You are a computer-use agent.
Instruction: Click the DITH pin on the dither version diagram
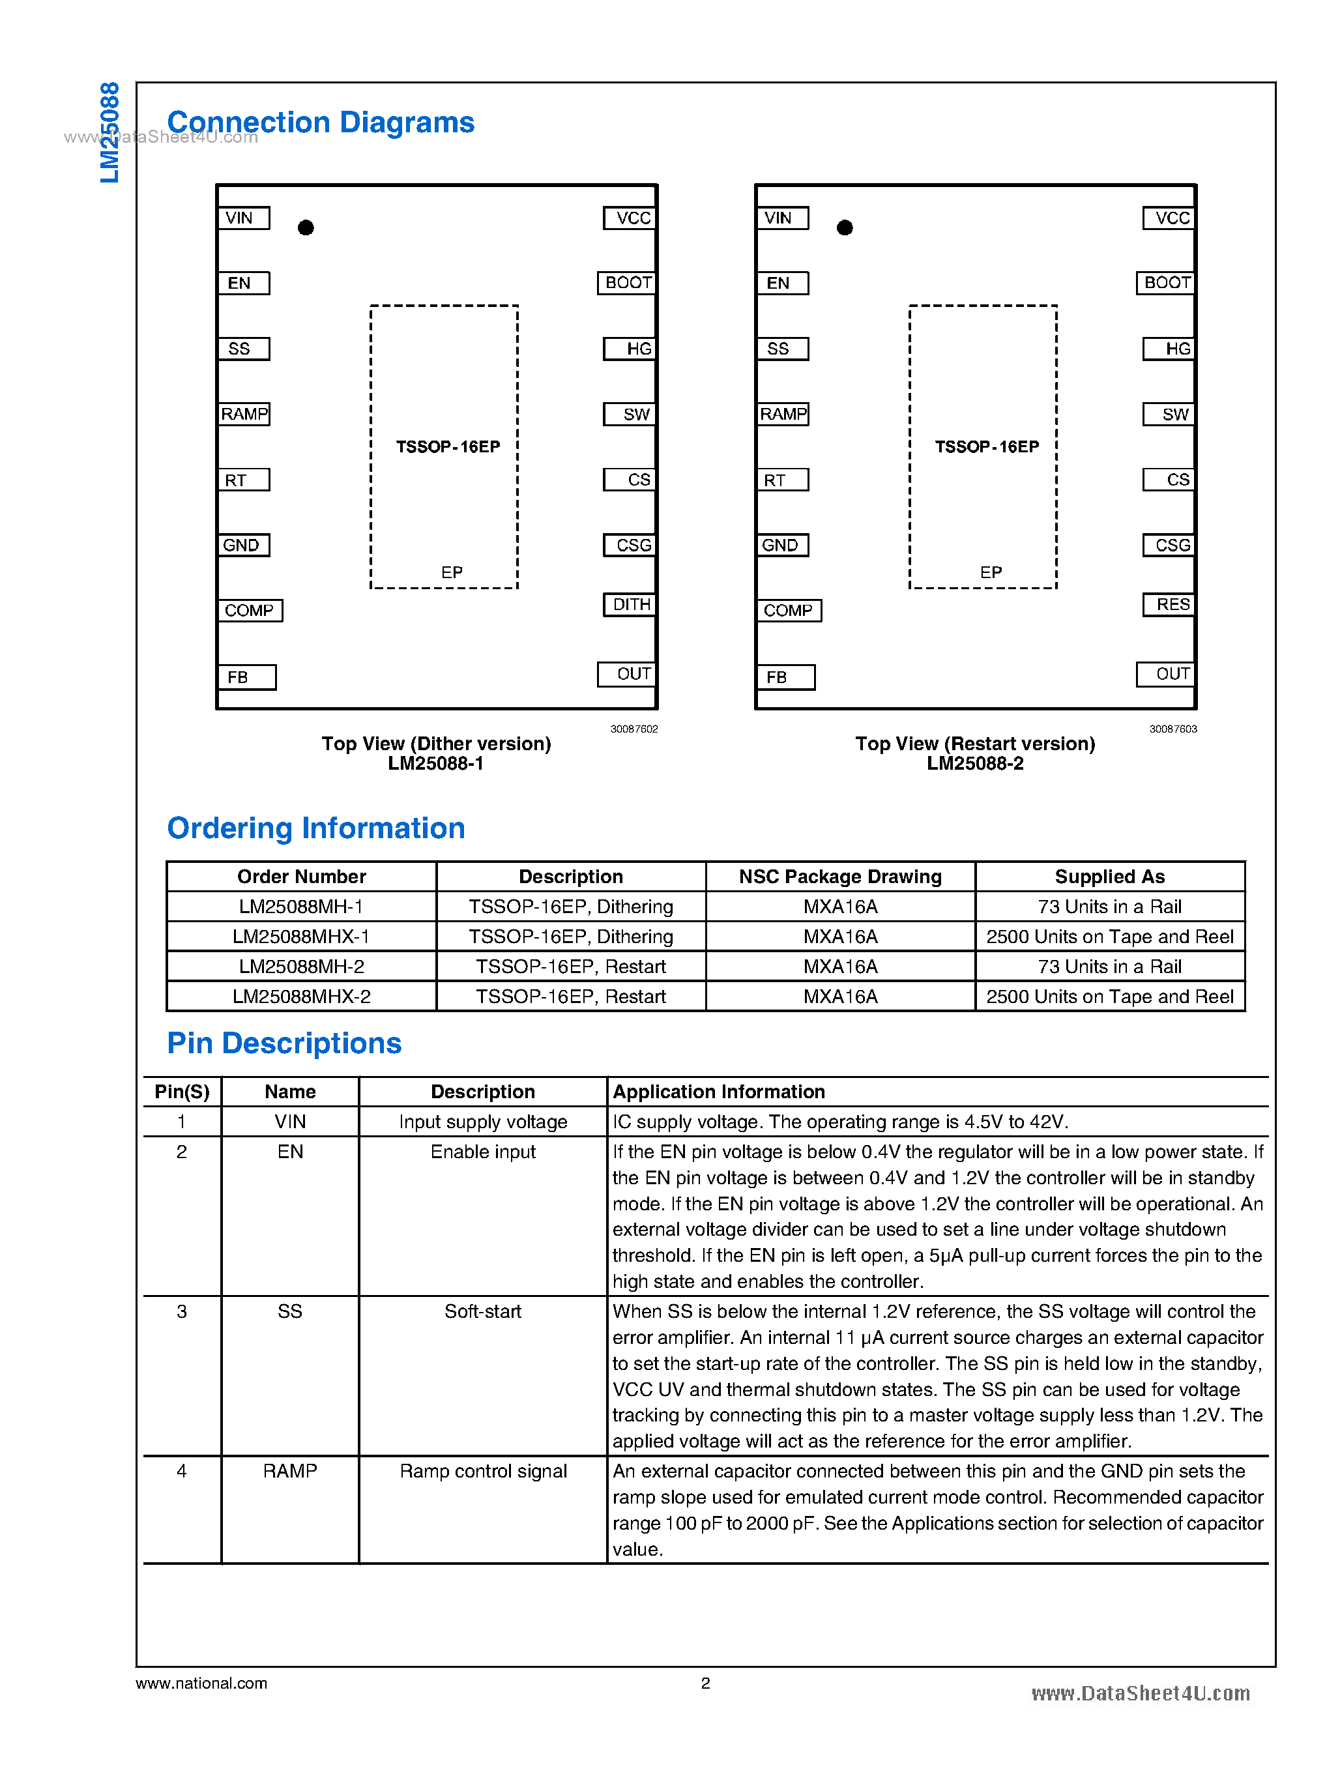click(x=630, y=604)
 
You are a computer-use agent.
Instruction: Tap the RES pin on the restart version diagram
click(x=1170, y=604)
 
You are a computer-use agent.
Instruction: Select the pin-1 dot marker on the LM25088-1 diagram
click(x=306, y=228)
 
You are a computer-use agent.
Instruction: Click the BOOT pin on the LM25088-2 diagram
click(x=1166, y=282)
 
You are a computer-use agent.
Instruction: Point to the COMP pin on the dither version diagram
click(x=250, y=611)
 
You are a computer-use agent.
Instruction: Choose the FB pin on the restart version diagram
click(x=785, y=677)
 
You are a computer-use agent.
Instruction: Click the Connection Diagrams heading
click(x=320, y=123)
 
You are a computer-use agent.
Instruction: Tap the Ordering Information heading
click(x=315, y=828)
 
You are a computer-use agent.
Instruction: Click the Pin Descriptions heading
click(x=284, y=1043)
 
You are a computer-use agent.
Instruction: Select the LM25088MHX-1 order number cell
click(x=300, y=936)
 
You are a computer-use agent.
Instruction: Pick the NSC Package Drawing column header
click(x=839, y=876)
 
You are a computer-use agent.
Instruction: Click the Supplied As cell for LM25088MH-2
click(x=1109, y=967)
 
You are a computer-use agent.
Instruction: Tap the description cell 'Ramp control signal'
click(x=483, y=1471)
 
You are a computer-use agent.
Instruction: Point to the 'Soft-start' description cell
click(x=483, y=1311)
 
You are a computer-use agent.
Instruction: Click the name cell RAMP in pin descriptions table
click(x=289, y=1471)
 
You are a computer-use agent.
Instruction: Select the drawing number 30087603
click(x=1172, y=729)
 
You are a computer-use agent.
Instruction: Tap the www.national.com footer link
click(x=201, y=1683)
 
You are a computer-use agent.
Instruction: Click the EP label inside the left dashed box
click(x=452, y=573)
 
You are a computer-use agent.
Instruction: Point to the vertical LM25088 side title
click(x=109, y=132)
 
